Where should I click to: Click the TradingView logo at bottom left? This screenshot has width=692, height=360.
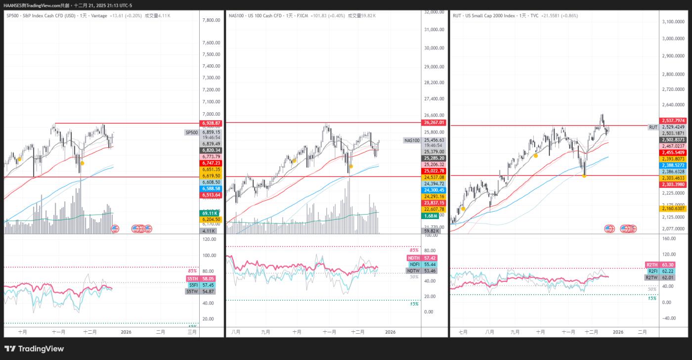(34, 349)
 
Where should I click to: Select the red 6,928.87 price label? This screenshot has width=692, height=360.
(211, 123)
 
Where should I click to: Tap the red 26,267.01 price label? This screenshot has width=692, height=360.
(434, 123)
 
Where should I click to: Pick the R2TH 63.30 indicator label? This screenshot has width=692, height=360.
(653, 265)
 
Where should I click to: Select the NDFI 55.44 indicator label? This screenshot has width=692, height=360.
(415, 265)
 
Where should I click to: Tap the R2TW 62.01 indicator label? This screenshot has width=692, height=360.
(653, 278)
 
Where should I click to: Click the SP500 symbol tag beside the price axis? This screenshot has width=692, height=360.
(191, 133)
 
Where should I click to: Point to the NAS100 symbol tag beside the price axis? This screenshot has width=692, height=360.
(412, 140)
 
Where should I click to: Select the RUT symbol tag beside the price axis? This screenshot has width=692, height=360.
(653, 127)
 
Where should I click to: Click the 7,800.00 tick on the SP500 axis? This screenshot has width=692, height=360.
(211, 20)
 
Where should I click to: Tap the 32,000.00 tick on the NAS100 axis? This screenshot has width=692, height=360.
(434, 12)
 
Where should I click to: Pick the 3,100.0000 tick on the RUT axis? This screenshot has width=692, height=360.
(677, 22)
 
